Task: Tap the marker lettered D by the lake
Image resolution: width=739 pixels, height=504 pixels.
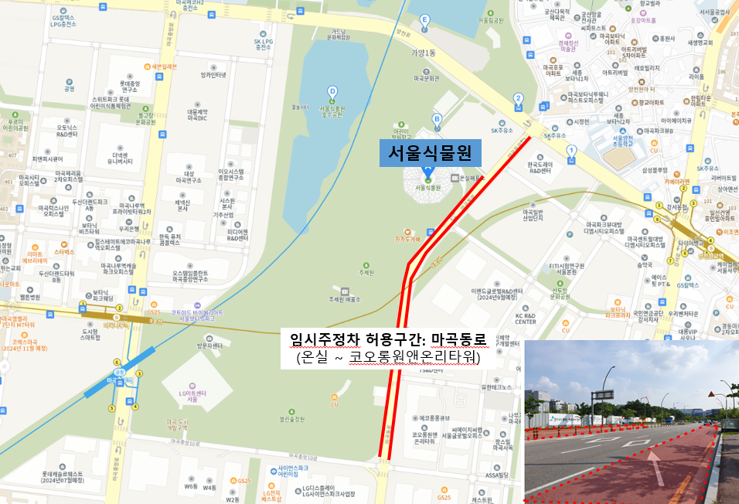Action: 332,91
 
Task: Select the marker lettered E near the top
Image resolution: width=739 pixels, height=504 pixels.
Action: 424,19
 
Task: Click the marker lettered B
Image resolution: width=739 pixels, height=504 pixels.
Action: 437,119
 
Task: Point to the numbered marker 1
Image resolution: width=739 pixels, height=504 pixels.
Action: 571,150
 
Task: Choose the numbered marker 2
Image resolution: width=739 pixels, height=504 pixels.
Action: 518,98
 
